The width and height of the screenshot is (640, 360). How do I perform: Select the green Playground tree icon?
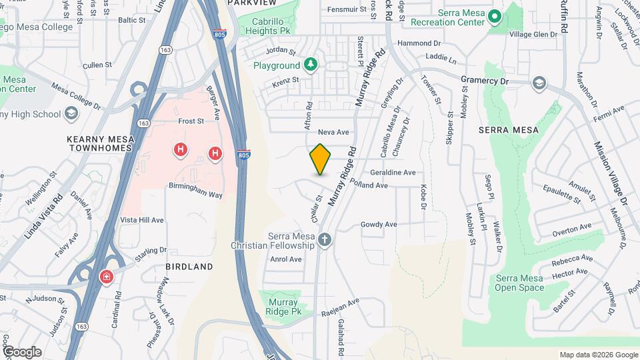click(310, 65)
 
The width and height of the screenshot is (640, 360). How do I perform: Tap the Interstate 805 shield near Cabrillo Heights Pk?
click(219, 33)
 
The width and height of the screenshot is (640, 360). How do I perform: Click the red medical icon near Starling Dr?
click(106, 277)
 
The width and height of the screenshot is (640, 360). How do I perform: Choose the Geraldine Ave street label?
click(398, 173)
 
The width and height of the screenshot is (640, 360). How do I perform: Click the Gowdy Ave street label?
click(379, 225)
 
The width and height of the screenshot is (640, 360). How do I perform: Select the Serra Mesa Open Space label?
click(519, 283)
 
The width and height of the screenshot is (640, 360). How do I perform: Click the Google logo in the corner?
click(22, 351)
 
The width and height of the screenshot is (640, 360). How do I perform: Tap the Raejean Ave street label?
click(340, 306)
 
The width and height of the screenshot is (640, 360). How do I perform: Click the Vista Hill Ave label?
click(142, 219)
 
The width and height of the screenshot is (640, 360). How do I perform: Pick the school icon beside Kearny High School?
click(71, 114)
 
